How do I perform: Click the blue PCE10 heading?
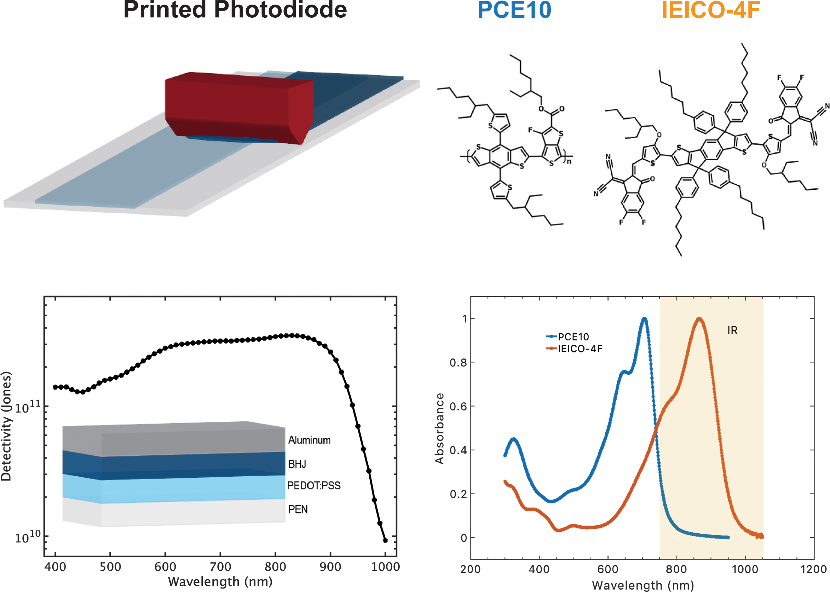point(514,10)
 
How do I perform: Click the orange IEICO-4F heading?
point(710,10)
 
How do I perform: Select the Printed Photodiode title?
point(235,10)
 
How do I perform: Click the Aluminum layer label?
point(309,440)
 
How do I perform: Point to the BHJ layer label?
point(297,464)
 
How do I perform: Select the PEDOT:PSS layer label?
point(313,485)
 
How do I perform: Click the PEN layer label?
point(298,509)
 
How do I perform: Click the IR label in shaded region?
point(732,330)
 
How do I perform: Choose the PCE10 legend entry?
point(573,337)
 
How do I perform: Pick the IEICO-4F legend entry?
point(580,349)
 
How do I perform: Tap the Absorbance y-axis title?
point(439,428)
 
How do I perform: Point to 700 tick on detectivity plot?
point(220,567)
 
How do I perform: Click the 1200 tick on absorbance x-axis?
point(813,569)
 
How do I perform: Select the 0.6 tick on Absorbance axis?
point(458,407)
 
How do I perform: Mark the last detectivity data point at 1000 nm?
point(385,540)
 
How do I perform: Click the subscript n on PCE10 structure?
point(569,161)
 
